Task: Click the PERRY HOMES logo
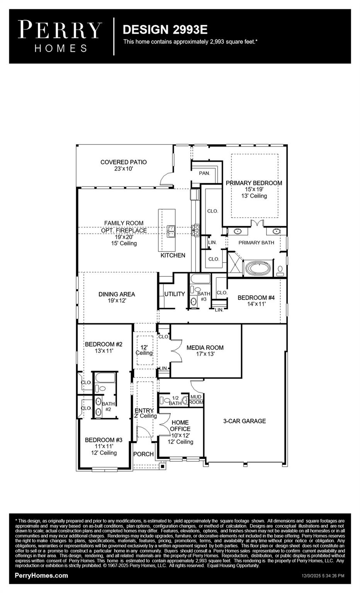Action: click(x=60, y=36)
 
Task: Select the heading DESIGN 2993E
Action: click(x=165, y=30)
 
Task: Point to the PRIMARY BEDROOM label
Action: click(x=254, y=183)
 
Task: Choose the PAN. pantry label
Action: click(x=204, y=173)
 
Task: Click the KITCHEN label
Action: click(x=173, y=255)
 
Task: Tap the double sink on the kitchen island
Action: click(x=171, y=231)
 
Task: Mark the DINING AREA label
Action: click(x=117, y=294)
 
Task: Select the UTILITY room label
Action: click(x=175, y=294)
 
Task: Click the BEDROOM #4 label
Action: click(x=256, y=298)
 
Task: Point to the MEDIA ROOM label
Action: click(x=205, y=347)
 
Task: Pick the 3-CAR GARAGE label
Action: click(x=245, y=421)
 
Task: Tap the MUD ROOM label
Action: click(x=196, y=400)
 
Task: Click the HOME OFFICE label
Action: click(x=180, y=425)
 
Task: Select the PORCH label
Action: click(x=143, y=454)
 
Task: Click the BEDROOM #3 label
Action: click(x=104, y=440)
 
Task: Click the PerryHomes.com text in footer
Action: click(x=41, y=576)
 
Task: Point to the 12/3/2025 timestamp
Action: click(x=323, y=576)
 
